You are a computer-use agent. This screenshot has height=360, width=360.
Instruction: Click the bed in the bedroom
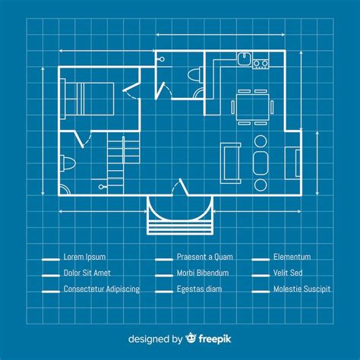[87, 99]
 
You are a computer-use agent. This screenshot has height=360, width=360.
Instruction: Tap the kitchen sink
[245, 58]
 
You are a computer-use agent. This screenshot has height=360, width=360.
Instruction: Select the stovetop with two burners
[261, 63]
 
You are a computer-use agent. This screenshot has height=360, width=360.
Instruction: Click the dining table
[252, 107]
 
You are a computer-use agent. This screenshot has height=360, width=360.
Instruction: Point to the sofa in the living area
[230, 163]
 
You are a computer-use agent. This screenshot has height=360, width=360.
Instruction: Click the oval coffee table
[261, 163]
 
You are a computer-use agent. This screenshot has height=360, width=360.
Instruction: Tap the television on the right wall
[298, 163]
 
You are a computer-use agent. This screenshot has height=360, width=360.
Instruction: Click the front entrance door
[180, 187]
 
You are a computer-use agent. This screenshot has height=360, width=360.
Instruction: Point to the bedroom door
[131, 90]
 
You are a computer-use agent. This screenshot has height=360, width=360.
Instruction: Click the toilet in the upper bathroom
[196, 75]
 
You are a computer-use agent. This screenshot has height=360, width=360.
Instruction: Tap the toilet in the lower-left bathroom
[68, 163]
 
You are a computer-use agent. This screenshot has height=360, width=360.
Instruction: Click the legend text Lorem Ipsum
[84, 257]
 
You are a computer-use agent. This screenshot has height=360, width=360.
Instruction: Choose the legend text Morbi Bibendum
[203, 273]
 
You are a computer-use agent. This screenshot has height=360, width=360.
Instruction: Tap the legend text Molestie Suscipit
[302, 289]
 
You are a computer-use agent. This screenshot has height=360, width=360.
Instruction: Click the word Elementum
[292, 257]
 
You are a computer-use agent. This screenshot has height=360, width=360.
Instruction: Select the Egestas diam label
[199, 289]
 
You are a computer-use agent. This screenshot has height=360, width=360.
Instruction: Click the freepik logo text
[215, 339]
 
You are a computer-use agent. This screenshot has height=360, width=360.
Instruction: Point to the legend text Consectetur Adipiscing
[102, 289]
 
